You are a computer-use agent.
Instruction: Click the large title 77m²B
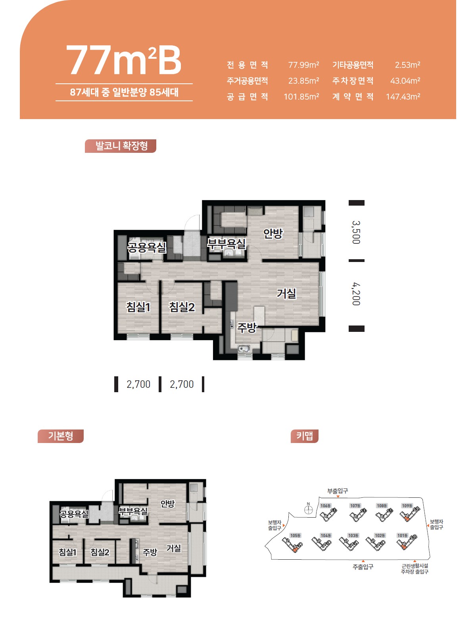click(x=124, y=60)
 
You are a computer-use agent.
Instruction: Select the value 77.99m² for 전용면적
click(x=303, y=65)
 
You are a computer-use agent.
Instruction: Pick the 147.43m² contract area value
click(x=403, y=97)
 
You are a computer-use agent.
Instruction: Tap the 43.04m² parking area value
click(x=405, y=81)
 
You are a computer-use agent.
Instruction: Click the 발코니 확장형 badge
click(x=121, y=146)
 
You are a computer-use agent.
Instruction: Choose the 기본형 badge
click(x=61, y=436)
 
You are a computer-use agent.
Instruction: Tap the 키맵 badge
click(x=304, y=436)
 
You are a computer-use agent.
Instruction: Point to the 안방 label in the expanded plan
click(x=273, y=233)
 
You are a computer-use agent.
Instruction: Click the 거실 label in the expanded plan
click(x=286, y=293)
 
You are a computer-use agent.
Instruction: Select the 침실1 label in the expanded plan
click(x=138, y=307)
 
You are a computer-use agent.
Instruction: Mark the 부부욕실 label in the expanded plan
click(x=226, y=244)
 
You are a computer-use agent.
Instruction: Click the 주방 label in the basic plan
click(x=150, y=552)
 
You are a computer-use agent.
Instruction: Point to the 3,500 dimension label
click(x=356, y=232)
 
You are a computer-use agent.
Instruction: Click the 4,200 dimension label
click(x=356, y=294)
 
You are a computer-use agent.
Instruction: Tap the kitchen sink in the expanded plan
click(x=244, y=349)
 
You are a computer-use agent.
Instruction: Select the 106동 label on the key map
click(x=325, y=506)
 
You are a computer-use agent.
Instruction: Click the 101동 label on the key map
click(x=402, y=535)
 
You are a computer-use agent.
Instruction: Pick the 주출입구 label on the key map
click(x=363, y=566)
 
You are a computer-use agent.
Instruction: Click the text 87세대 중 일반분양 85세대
click(x=124, y=92)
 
